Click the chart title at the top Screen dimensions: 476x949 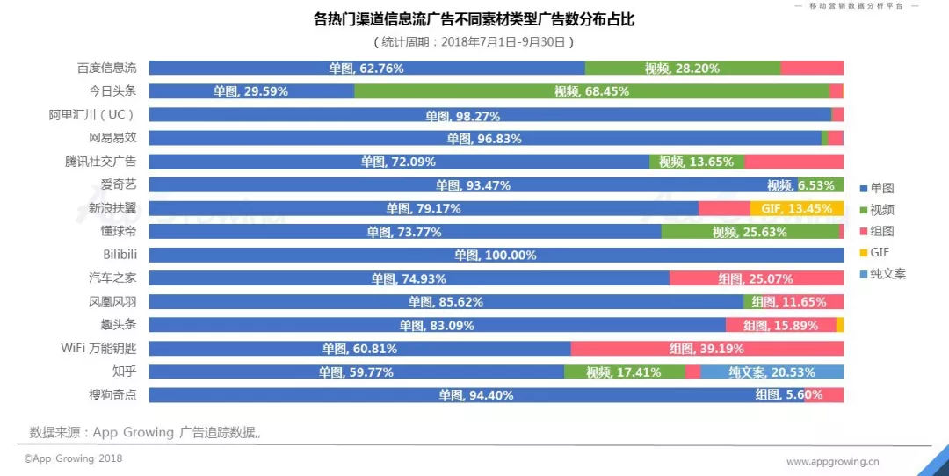(x=474, y=19)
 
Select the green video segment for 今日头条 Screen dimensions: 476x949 (x=591, y=91)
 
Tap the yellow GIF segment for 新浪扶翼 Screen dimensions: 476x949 (x=796, y=208)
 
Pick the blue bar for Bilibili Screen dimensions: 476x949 (x=496, y=255)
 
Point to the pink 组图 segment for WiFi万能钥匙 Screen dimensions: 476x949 (x=706, y=349)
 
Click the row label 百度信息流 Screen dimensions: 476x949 (x=107, y=68)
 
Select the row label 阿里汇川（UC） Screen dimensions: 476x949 (x=92, y=114)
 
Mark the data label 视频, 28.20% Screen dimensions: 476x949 (x=682, y=69)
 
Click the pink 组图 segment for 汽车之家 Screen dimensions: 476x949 (x=756, y=278)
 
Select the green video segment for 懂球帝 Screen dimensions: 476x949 (x=750, y=232)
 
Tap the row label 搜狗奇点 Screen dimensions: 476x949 (x=113, y=394)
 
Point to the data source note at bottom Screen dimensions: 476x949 (x=145, y=432)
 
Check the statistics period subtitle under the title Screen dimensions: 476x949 (x=474, y=41)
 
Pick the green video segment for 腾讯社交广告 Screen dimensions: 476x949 (x=697, y=162)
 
